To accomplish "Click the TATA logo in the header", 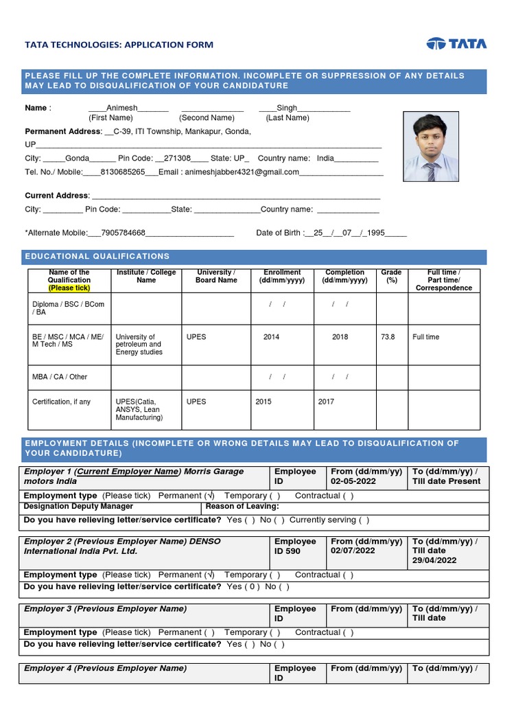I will pyautogui.click(x=456, y=44).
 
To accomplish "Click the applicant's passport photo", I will pyautogui.click(x=430, y=148).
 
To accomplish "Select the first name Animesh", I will pyautogui.click(x=122, y=108).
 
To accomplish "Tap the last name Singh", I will pyautogui.click(x=287, y=108).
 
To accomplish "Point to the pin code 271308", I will pyautogui.click(x=174, y=158).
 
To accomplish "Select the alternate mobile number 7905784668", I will pyautogui.click(x=122, y=233).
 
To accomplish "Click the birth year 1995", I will pyautogui.click(x=375, y=233).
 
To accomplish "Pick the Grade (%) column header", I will pyautogui.click(x=391, y=277).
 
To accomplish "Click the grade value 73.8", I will pyautogui.click(x=388, y=337).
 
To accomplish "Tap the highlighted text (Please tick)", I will pyautogui.click(x=69, y=288).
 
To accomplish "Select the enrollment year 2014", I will pyautogui.click(x=271, y=337).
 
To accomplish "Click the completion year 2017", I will pyautogui.click(x=326, y=402).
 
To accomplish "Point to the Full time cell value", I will pyautogui.click(x=425, y=337).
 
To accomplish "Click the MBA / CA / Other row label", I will pyautogui.click(x=60, y=377).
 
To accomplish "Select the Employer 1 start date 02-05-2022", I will pyautogui.click(x=353, y=481).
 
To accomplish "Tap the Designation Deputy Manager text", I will pyautogui.click(x=78, y=507).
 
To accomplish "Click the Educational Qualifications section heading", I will pyautogui.click(x=97, y=256).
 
